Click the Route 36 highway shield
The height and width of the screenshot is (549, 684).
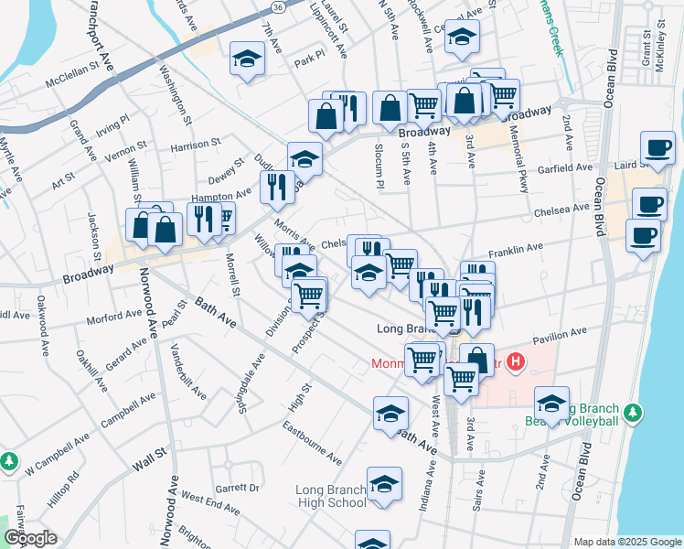coord(277,5)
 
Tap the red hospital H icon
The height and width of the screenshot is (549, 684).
coord(515,363)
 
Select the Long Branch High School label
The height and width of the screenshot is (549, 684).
coord(330,496)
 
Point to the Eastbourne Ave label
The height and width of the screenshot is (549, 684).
coord(312,443)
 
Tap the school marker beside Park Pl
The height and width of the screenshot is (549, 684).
coord(246,60)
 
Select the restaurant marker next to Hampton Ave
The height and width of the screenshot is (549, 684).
coord(277,187)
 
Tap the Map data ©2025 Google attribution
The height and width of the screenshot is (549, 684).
coord(626,542)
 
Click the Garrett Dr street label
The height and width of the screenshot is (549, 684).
coord(237,488)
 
